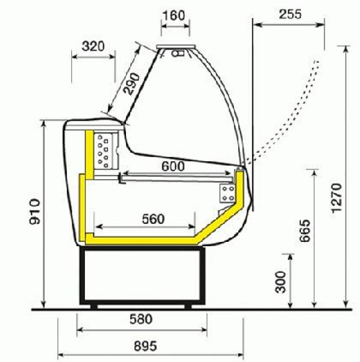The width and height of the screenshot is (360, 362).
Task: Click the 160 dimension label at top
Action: coord(174,15)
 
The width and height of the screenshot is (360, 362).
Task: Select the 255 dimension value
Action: coord(290,14)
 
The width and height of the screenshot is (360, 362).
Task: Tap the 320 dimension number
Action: coord(93,46)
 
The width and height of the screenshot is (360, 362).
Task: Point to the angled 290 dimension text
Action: coord(131,84)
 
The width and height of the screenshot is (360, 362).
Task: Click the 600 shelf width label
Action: coord(173,166)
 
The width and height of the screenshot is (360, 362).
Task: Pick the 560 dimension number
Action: coord(153,219)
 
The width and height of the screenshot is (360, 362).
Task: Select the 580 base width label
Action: coord(141,319)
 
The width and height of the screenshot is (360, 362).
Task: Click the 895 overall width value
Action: coord(145,346)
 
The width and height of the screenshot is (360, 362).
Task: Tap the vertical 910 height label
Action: coord(34,212)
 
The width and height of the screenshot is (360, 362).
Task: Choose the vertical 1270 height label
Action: coord(336,198)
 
